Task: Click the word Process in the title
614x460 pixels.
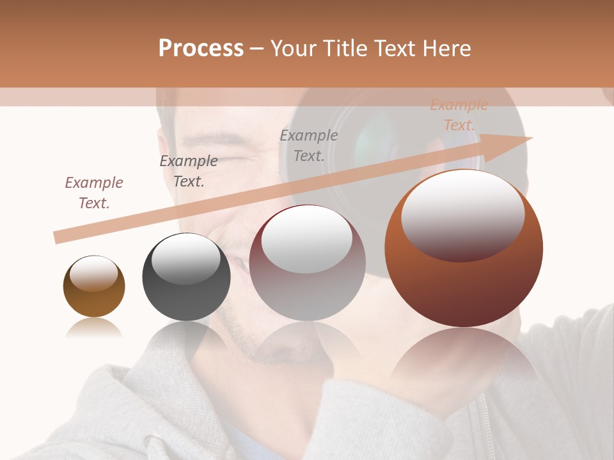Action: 201,49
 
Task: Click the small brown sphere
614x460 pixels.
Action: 94,297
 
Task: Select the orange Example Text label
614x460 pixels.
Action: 459,115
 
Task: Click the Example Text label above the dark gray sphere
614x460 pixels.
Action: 189,171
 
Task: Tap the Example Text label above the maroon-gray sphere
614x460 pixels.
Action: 309,145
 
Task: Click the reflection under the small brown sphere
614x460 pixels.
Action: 94,328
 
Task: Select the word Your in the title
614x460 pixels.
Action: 293,49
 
